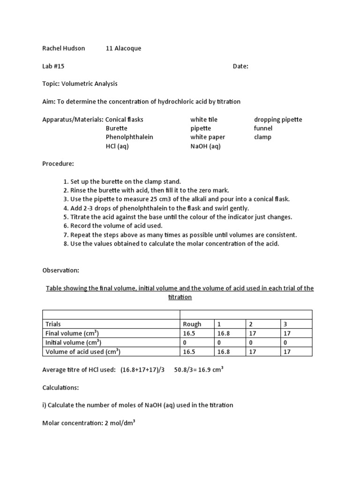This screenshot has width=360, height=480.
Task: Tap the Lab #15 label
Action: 53,66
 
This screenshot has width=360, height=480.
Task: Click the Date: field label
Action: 240,66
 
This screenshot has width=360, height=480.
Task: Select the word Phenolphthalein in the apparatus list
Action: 129,137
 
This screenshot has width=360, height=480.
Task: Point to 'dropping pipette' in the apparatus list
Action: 278,119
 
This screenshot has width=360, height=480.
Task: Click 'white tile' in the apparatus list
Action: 204,119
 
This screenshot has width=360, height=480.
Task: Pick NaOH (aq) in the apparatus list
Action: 205,146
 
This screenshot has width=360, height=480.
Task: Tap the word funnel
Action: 263,128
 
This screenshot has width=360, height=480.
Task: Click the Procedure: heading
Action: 58,164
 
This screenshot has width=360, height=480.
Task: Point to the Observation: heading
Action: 61,270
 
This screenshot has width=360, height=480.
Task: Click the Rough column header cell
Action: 192,324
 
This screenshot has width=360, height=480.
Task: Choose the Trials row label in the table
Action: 53,324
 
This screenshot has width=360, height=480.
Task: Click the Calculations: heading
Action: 61,387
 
